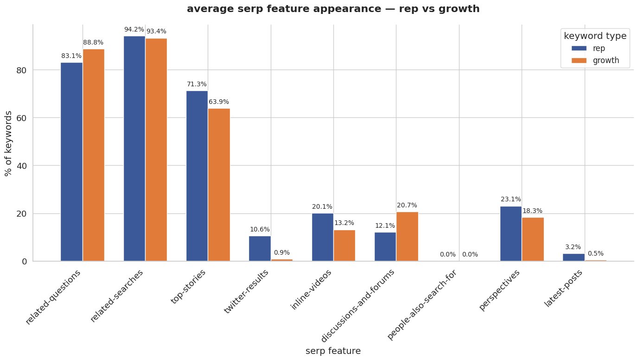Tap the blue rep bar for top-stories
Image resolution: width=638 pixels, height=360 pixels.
(197, 176)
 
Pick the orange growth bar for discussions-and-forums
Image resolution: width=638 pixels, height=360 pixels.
(407, 237)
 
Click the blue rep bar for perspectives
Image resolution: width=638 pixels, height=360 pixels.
(510, 234)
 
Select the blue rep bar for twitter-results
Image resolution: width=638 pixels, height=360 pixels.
(260, 249)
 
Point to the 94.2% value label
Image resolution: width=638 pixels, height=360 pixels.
(134, 29)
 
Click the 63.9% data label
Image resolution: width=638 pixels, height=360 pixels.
(219, 102)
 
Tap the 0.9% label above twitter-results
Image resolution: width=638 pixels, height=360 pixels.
(282, 253)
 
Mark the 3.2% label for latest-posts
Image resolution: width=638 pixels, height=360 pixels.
(573, 247)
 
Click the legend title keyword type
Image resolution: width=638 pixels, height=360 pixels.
(595, 36)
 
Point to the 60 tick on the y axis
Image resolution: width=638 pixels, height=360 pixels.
(22, 118)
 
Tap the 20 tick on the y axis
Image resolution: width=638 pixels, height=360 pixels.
(22, 214)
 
